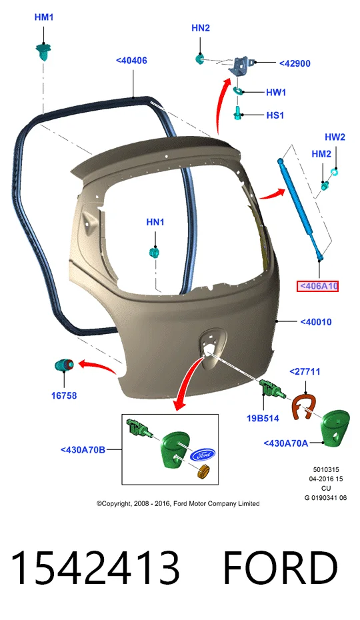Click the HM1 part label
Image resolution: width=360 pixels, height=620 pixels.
click(44, 17)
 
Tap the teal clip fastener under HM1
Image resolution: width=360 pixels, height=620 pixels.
click(43, 52)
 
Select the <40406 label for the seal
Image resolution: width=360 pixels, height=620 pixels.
click(131, 61)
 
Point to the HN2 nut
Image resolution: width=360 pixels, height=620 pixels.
click(200, 59)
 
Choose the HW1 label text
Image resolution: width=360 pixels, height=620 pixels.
click(276, 93)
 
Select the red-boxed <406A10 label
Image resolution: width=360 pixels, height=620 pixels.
click(318, 286)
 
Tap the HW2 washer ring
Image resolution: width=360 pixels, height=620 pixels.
click(335, 172)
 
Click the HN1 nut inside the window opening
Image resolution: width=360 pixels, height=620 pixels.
click(154, 252)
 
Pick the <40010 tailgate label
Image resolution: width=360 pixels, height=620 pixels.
click(316, 322)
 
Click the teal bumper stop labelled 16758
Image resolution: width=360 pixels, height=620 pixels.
click(64, 365)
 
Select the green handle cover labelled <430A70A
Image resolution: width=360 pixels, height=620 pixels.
click(335, 427)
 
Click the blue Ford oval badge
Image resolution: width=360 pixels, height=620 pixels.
click(202, 455)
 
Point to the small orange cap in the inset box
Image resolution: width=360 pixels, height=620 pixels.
click(203, 472)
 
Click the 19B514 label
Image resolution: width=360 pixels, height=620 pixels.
click(263, 418)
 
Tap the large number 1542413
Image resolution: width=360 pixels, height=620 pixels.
click(95, 568)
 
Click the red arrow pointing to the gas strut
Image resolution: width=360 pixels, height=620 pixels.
click(272, 194)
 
